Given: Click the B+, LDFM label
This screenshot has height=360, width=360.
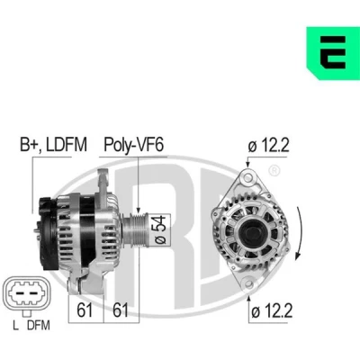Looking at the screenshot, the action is tap(53, 145).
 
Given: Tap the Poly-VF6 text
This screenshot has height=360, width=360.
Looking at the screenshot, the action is tap(133, 145).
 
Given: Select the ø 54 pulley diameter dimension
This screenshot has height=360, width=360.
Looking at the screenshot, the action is tap(161, 229).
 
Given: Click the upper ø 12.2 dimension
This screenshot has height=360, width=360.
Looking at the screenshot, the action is tap(268, 146).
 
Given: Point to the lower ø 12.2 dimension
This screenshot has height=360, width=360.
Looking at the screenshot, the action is tap(272, 312).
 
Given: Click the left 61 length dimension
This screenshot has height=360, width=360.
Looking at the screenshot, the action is tap(85, 310).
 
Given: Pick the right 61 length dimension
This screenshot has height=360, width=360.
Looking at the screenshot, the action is tap(121, 310).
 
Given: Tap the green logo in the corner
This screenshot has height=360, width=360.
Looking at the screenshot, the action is tap(333, 53).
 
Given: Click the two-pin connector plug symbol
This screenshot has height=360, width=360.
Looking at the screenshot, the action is tap(27, 292).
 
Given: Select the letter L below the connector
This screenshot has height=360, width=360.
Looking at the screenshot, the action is tap(15, 326).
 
